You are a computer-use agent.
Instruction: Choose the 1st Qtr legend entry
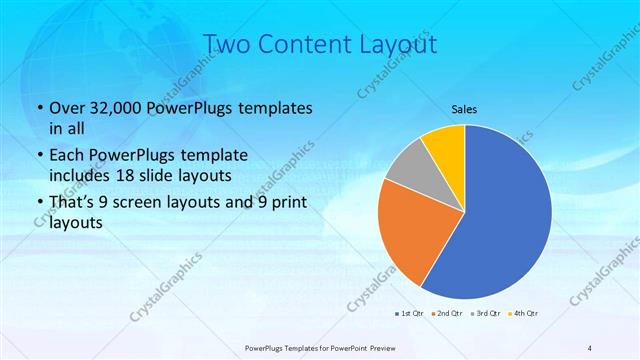coord(410,314)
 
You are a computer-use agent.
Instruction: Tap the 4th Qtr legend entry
coord(524,314)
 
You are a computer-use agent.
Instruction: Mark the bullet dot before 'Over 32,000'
coord(39,108)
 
